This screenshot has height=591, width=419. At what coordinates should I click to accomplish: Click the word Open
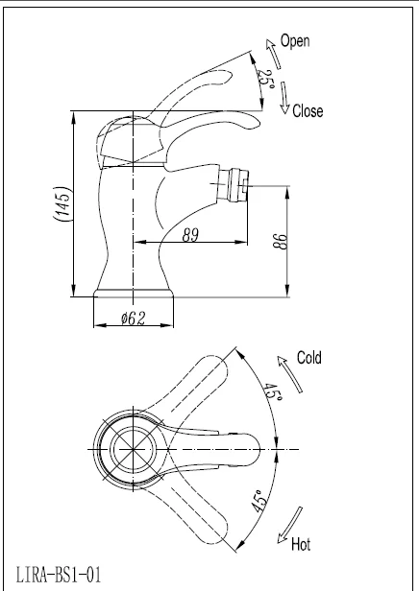pos(295,41)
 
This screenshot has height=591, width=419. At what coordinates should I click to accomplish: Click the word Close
pos(308,111)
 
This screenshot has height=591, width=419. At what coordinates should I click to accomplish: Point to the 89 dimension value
pos(190,235)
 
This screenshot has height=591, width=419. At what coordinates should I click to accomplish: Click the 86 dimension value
pos(281,241)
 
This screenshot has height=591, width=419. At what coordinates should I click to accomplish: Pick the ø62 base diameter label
pos(133,319)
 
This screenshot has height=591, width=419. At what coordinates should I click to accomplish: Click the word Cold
pos(309,357)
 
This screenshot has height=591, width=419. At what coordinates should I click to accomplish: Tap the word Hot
pos(301,544)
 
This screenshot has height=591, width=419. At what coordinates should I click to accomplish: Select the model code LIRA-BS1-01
pos(59,575)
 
